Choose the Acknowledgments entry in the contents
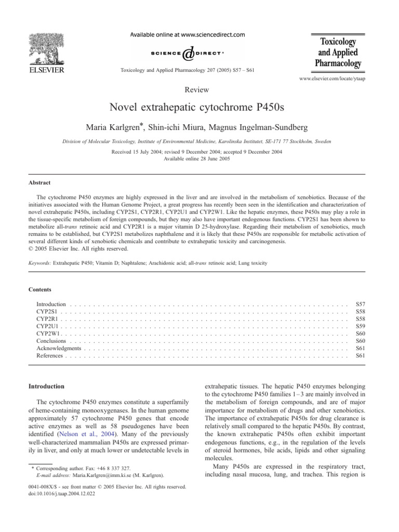(60, 348)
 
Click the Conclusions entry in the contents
(51, 341)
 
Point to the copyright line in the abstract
(76, 248)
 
